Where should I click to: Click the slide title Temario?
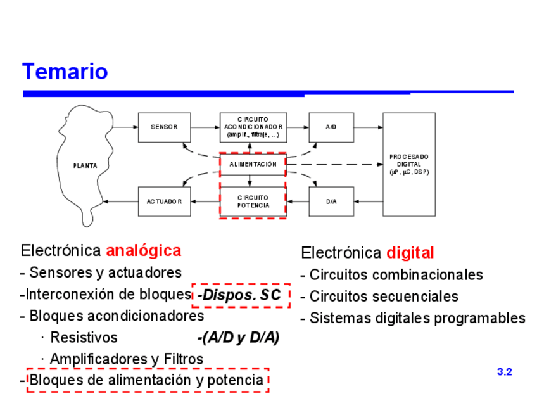[65, 72]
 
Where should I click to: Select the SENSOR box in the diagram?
[164, 127]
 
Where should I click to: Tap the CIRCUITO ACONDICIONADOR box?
[253, 127]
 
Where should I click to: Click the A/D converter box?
[331, 127]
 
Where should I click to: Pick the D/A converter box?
[331, 201]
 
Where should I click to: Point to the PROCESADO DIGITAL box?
[408, 164]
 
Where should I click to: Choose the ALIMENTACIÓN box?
[253, 164]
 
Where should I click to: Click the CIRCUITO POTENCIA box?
[253, 201]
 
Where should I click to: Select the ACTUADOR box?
[164, 201]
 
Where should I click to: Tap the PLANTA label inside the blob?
[85, 166]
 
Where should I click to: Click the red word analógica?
[143, 250]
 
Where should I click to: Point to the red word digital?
[410, 253]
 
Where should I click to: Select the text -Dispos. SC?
[239, 295]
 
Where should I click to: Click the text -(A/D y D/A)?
[238, 338]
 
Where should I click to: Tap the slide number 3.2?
[504, 372]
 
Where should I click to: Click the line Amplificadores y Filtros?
[126, 359]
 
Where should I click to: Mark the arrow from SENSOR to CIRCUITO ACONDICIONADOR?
[205, 127]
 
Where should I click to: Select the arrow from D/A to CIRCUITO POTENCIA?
[298, 201]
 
